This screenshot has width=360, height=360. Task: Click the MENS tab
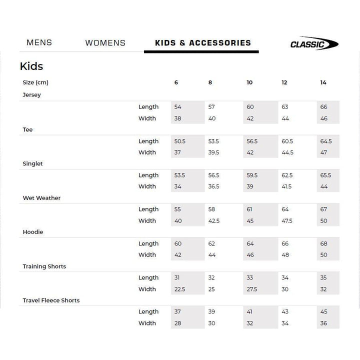(x=39, y=43)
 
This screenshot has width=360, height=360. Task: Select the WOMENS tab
(x=105, y=43)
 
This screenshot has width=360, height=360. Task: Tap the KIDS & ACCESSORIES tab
(x=202, y=43)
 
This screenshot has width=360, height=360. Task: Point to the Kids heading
(x=31, y=66)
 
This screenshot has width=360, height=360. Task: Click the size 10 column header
(x=249, y=82)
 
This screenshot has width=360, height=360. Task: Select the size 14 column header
(x=323, y=82)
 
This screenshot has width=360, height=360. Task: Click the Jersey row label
(x=31, y=95)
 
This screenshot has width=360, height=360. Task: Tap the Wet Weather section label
(x=41, y=198)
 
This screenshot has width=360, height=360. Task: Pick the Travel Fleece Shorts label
(x=51, y=300)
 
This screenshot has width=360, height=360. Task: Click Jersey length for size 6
(x=178, y=107)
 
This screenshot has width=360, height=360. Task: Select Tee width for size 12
(x=287, y=152)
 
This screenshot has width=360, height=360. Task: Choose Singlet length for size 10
(x=252, y=175)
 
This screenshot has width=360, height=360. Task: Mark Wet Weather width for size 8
(x=214, y=221)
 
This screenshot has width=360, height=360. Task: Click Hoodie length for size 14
(x=324, y=244)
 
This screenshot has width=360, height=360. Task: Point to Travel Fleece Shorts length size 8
(x=211, y=312)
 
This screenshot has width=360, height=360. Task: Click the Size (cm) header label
(x=35, y=82)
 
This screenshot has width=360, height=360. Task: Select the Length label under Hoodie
(x=148, y=244)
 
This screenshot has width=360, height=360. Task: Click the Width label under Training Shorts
(x=147, y=289)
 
